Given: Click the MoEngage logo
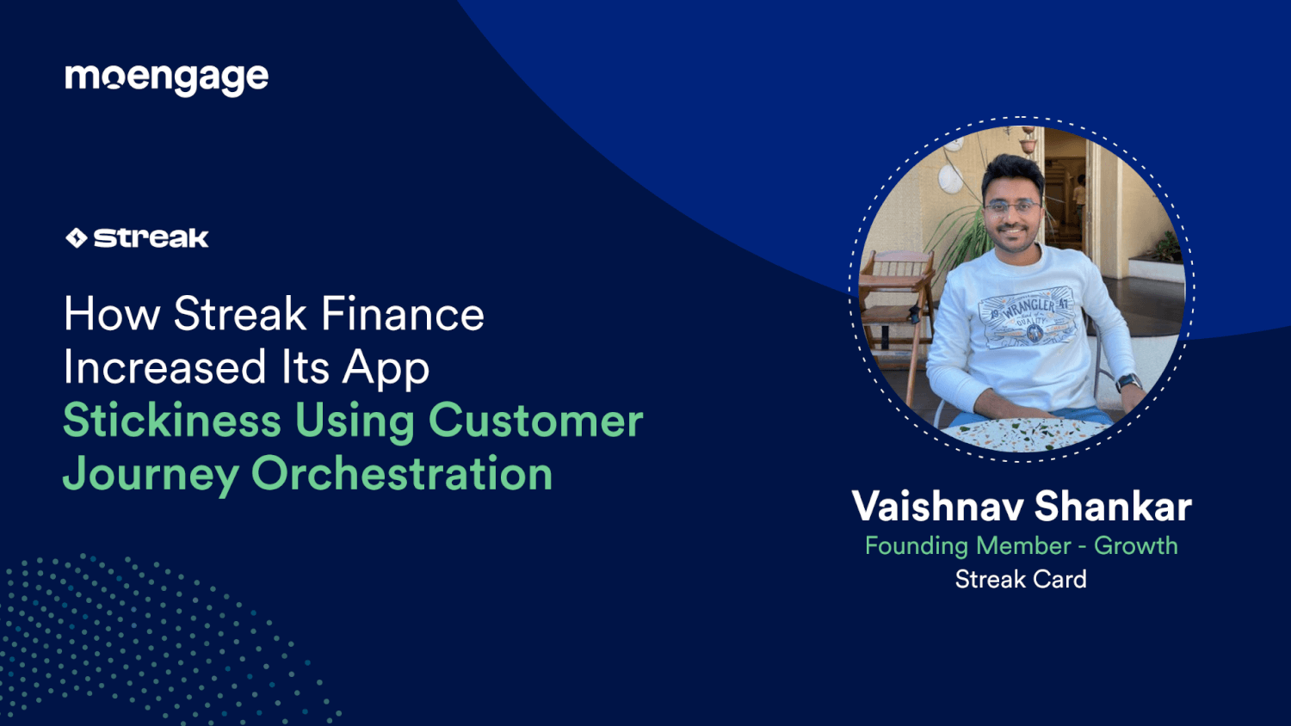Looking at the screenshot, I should (166, 78).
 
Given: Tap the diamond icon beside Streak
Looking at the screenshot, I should (77, 238).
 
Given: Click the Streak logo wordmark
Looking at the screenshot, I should (151, 238).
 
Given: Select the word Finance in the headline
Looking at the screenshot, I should (402, 314).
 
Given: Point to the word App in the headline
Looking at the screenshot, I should (386, 369).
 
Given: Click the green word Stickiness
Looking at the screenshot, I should (172, 421).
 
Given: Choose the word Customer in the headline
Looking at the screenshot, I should (535, 421).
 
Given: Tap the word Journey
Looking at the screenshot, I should (151, 475).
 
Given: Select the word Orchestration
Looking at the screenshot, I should (401, 475).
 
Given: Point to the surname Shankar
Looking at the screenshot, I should (1113, 507).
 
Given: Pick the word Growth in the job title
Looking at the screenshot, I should (1135, 545).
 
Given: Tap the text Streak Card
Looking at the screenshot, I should (1021, 580).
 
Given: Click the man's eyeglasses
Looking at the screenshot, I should (1012, 206).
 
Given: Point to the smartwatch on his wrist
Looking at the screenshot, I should (1127, 383).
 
